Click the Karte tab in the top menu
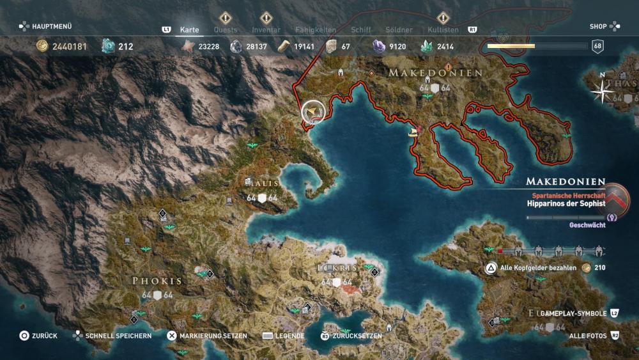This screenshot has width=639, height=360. point(189,29)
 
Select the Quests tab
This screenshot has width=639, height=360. point(226,29)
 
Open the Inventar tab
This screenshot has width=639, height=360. point(266,29)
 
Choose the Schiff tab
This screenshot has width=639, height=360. point(361,29)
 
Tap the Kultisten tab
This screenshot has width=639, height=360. point(443,29)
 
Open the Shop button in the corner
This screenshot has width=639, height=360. point(598,26)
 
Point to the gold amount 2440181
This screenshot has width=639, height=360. point(70,46)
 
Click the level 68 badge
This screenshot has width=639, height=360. point(597,46)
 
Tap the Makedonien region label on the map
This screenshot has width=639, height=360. point(436,73)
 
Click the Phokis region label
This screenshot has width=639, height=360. point(157,281)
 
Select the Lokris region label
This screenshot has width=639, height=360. point(337,267)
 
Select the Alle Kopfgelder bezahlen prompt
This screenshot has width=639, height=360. point(538,268)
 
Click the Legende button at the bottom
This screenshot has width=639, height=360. point(289,336)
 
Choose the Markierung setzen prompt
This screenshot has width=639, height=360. point(213,336)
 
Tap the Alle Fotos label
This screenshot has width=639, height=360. point(586,336)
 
